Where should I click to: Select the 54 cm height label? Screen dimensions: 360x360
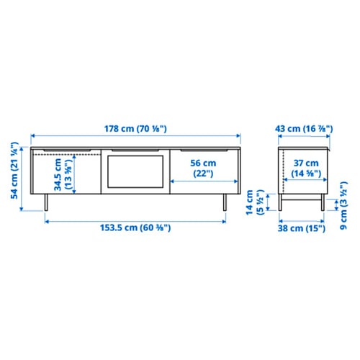coord(13,177)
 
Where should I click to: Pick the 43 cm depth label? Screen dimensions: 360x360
coord(305,128)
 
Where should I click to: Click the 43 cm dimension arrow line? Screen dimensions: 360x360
coord(305,137)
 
